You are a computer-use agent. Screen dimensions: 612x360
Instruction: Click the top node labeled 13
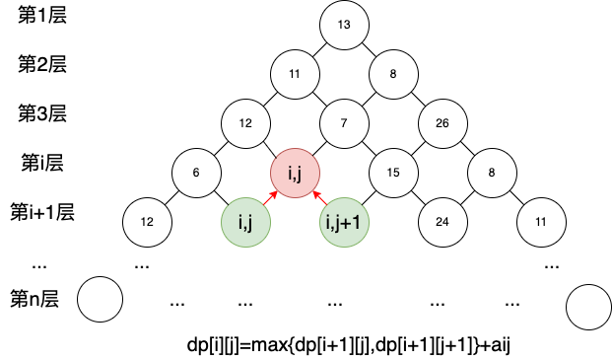pos(344,25)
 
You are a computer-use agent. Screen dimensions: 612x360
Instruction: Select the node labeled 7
pos(344,123)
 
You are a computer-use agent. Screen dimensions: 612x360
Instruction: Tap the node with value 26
pos(442,123)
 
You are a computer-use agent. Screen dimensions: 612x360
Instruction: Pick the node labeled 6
pos(196,173)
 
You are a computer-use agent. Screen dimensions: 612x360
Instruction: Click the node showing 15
pos(393,173)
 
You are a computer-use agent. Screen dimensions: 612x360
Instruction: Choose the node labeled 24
pos(442,222)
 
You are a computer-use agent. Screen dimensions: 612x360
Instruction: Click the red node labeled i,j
pos(295,173)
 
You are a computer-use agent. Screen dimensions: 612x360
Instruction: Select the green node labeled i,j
pos(245,222)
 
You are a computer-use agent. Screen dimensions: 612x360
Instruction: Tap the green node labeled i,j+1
pos(344,222)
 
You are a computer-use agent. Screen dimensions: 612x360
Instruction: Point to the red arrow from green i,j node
pos(270,197)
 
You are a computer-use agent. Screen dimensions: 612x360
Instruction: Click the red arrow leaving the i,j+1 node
pos(319,197)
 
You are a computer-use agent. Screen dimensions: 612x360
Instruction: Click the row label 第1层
pos(42,15)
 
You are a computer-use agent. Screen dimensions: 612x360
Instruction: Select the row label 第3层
pos(42,113)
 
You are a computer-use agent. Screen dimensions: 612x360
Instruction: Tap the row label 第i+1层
pos(42,212)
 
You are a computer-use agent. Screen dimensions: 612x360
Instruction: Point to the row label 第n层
pos(34,299)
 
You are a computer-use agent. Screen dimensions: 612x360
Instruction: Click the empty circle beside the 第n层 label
pos(100,299)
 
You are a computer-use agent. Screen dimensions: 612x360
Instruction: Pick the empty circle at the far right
pos(589,307)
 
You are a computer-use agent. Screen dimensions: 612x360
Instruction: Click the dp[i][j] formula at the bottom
pos(349,345)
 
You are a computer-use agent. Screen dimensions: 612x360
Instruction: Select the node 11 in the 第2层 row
pos(295,74)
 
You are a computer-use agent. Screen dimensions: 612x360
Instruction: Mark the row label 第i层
pos(42,163)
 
